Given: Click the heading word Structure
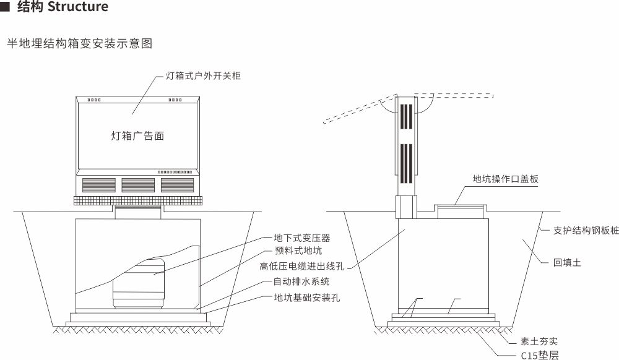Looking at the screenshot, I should pos(77,7).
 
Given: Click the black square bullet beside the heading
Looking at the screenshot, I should pos(6,7).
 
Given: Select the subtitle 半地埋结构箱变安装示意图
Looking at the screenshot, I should pos(79,44).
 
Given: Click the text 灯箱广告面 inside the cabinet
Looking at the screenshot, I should pos(137,136).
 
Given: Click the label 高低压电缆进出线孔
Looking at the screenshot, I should pos(302,267).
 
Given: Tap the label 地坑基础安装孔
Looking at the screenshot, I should pos(307,298).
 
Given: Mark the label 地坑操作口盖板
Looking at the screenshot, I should pos(506,179).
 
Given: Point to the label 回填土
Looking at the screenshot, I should pos(567,263).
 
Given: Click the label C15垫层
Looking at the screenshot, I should pos(539,355).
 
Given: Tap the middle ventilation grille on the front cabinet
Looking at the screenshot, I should pos(138,184).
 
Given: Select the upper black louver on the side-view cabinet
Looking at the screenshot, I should pos(406,116).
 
